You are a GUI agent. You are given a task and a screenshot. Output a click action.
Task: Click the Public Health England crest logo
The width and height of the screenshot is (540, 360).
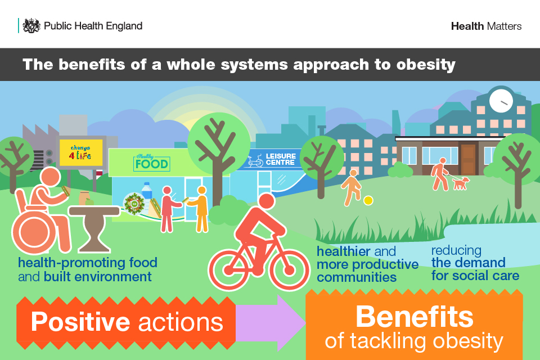[31, 25]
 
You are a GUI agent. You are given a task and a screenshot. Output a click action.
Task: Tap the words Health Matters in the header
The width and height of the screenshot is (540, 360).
[486, 26]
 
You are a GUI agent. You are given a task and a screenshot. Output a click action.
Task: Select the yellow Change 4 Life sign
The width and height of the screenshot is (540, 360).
[81, 152]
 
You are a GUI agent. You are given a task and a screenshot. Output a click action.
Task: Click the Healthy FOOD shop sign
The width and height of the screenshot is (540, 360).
[151, 163]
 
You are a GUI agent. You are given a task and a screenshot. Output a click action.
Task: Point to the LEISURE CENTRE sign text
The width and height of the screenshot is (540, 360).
[281, 159]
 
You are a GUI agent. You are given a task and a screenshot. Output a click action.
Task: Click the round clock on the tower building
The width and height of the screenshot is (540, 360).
[501, 101]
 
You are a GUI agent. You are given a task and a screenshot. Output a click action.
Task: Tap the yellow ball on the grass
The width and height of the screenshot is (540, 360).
[368, 200]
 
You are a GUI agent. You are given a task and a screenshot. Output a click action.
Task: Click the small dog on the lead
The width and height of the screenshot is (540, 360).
[461, 183]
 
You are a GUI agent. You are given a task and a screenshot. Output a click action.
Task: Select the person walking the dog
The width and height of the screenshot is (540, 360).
[440, 174]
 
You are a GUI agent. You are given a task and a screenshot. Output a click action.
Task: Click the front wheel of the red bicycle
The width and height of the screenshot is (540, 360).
[289, 270]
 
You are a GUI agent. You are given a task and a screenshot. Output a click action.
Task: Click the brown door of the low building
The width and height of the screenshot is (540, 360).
[468, 160]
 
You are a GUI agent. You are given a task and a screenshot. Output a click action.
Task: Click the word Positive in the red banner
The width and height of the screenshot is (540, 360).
[80, 322]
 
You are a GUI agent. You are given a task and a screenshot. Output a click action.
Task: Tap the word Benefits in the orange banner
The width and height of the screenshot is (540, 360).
[415, 317]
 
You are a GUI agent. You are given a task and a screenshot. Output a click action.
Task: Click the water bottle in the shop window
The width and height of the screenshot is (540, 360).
[147, 193]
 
